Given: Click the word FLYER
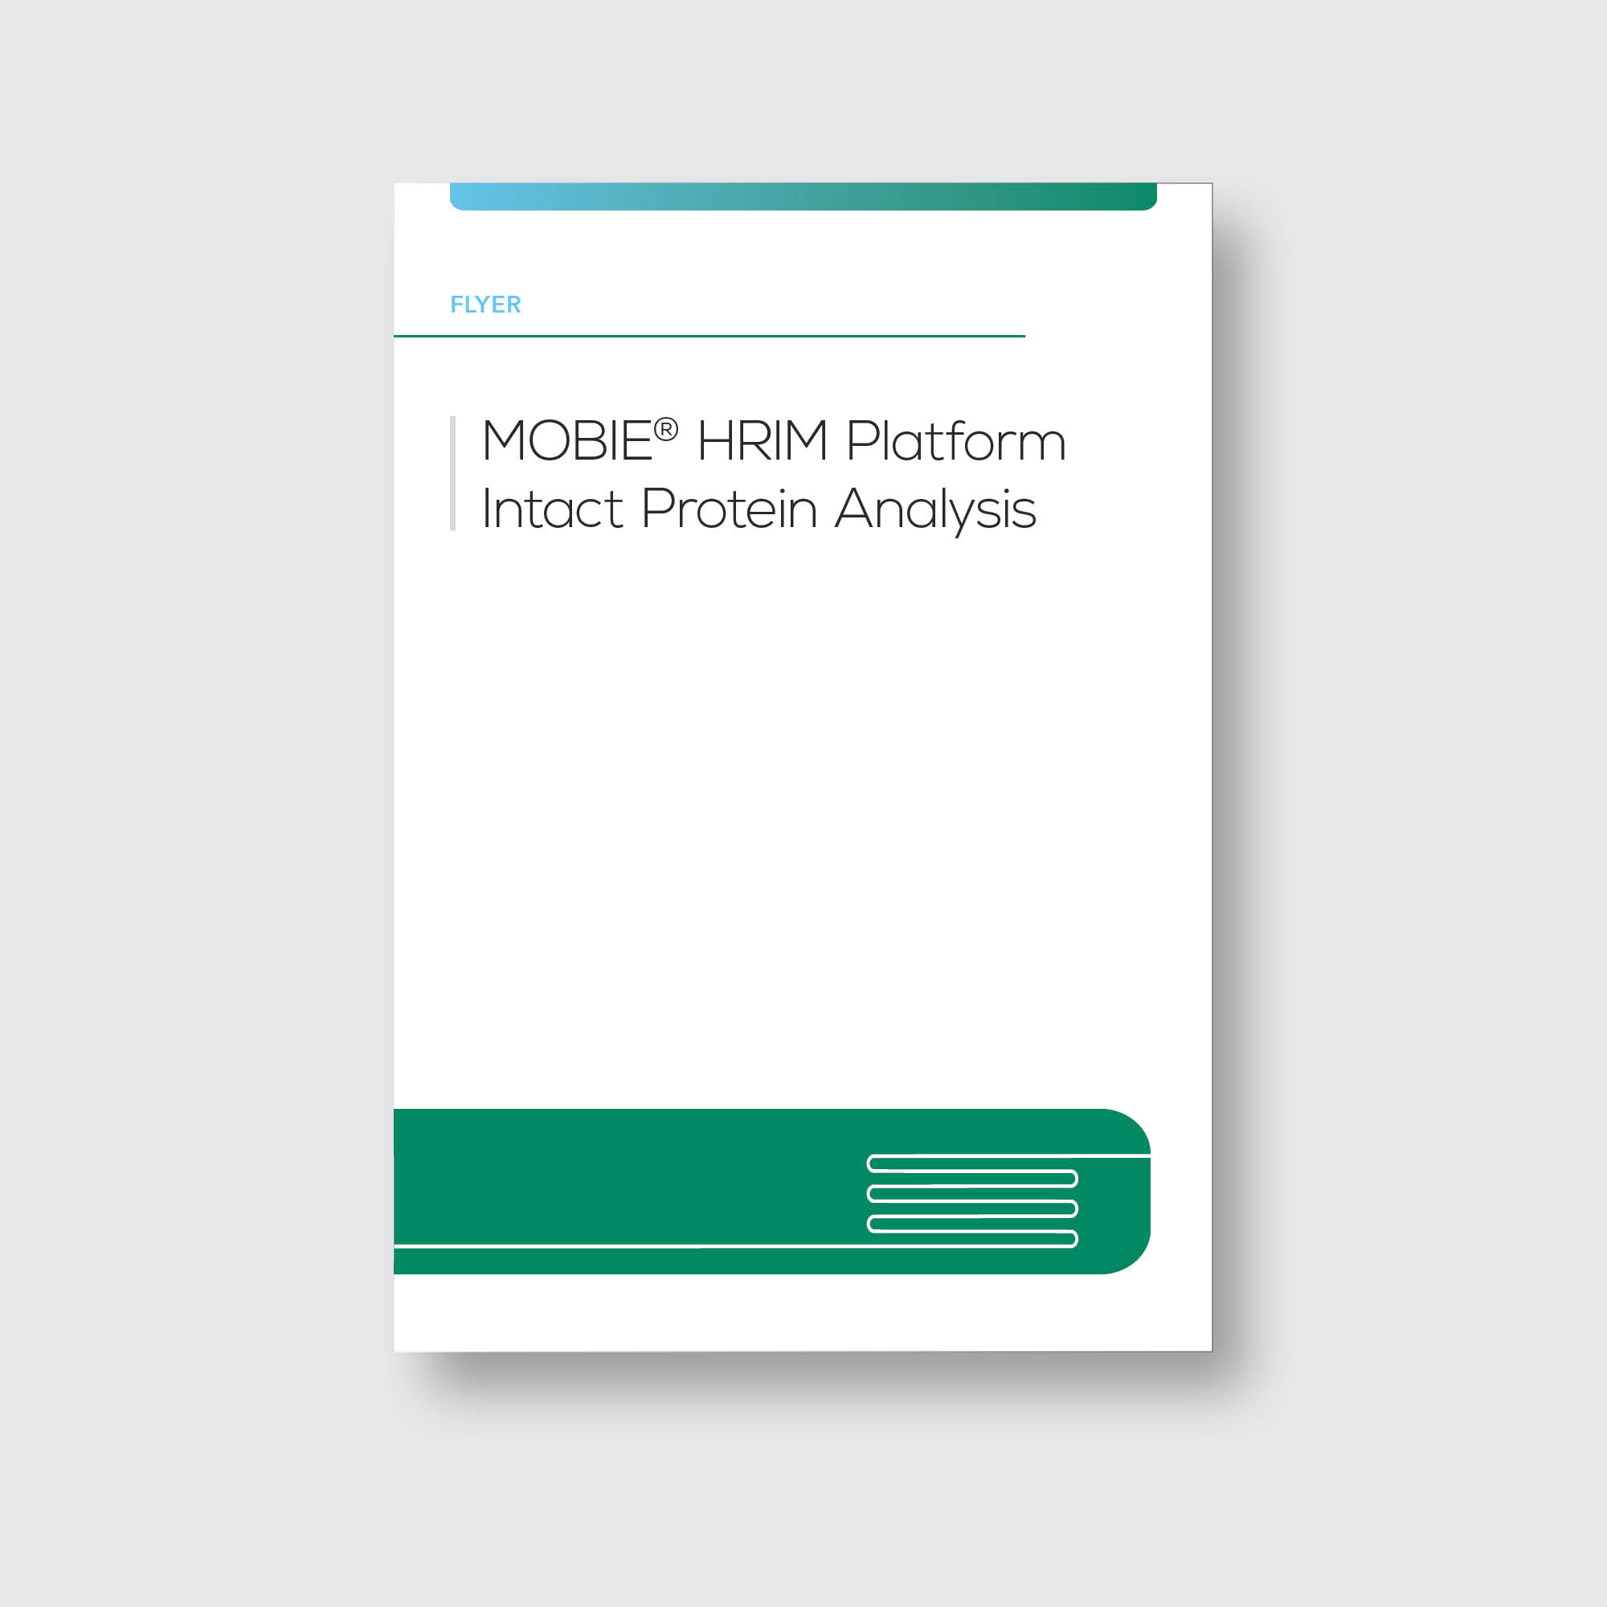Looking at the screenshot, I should coord(485,305).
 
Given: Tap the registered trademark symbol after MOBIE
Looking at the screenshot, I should coord(665,429).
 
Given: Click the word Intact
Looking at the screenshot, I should coord(551,509).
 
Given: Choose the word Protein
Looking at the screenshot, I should coord(730,509).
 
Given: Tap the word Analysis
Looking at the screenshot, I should coord(936,509).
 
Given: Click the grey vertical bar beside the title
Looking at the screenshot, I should coord(452,473).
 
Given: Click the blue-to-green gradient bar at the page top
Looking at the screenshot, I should coord(803,196).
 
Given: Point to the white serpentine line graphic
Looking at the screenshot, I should coord(971,1200).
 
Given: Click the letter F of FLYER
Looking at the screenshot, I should coord(456,305).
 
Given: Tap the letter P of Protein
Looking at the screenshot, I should coord(656,509).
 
